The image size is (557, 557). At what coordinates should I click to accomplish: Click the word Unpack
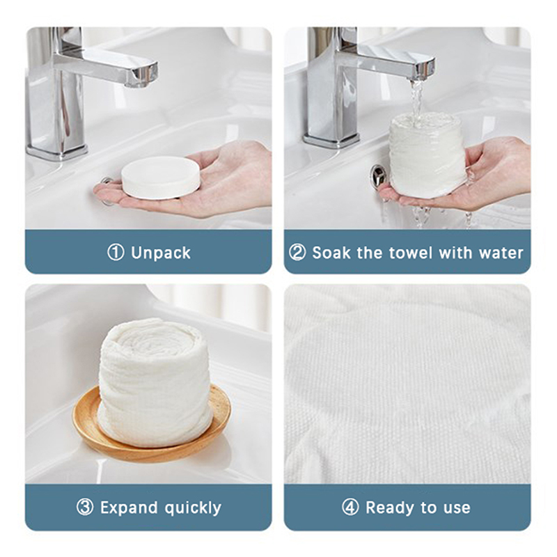click(x=161, y=253)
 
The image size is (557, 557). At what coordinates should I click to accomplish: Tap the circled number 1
click(x=116, y=253)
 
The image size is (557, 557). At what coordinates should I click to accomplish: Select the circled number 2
click(x=297, y=253)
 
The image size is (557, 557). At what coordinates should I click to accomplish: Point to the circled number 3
click(x=85, y=508)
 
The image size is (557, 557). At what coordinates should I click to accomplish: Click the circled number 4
click(x=350, y=508)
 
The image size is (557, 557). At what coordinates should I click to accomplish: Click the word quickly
click(x=193, y=508)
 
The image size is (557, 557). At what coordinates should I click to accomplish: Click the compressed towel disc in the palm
click(x=161, y=177)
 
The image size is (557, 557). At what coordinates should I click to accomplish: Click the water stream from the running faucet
click(x=416, y=101)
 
